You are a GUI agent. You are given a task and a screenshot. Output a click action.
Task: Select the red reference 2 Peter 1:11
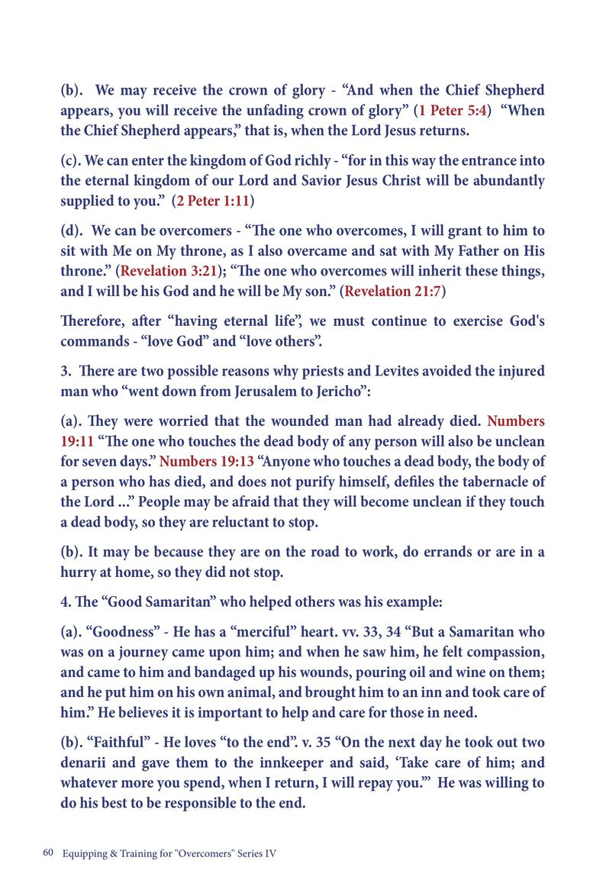tap(214, 201)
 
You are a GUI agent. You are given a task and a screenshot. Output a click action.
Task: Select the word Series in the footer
tap(243, 854)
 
